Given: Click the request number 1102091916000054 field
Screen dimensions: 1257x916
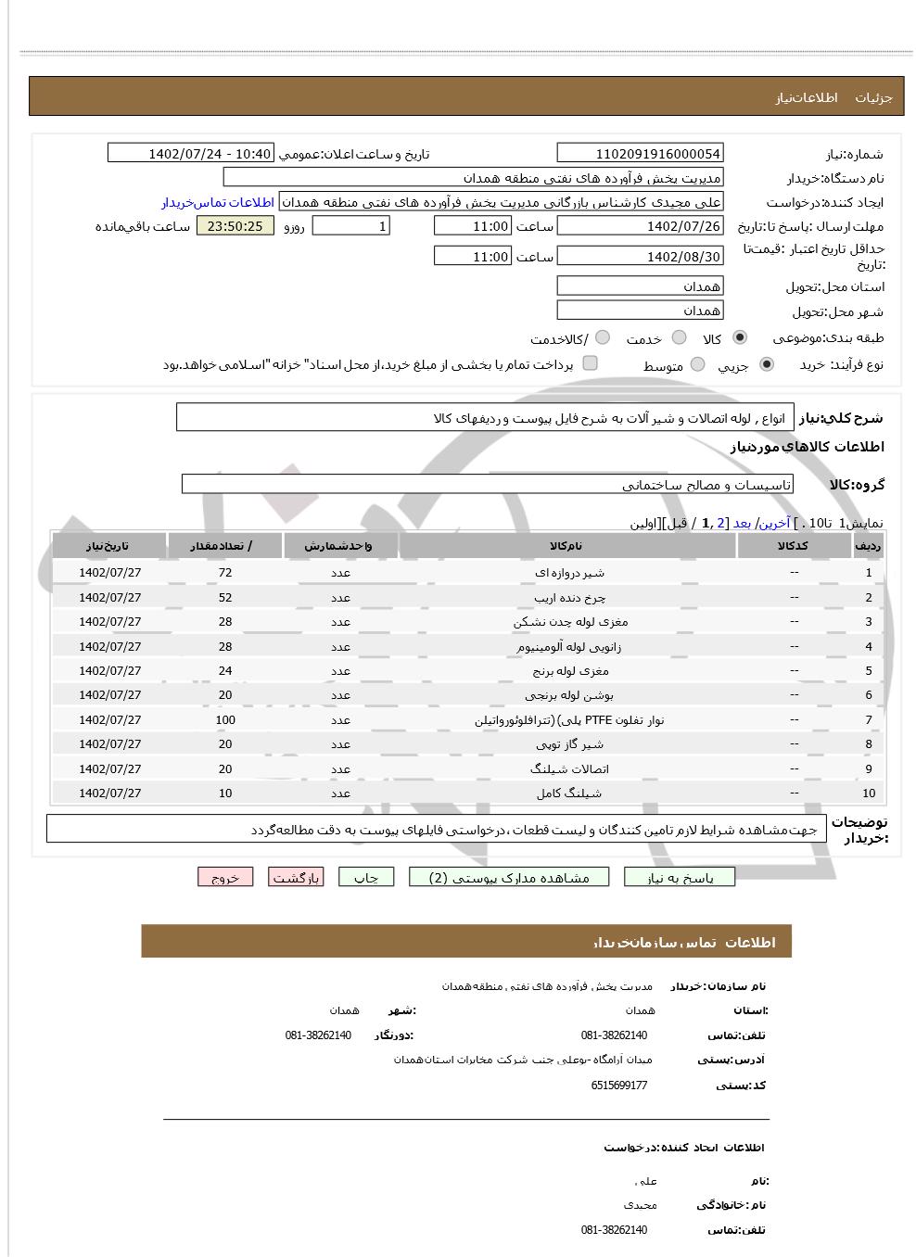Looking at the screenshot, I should [640, 154].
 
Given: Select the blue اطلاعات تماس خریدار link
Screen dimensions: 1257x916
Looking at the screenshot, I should [218, 202].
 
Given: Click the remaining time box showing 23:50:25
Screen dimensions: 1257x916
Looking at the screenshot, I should [235, 226].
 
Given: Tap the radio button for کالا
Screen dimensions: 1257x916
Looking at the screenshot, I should [739, 338].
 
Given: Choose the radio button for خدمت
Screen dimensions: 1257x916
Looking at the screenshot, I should [679, 338].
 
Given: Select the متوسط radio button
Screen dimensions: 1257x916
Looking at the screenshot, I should [697, 365].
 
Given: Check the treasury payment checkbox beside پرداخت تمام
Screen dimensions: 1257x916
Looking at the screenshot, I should [590, 363].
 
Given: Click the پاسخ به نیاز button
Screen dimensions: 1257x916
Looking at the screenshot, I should [680, 877].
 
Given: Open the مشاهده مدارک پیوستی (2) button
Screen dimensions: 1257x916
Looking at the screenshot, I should [509, 877].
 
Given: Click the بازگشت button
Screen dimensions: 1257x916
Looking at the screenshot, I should [296, 877].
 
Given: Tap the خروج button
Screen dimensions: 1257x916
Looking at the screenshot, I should [225, 877].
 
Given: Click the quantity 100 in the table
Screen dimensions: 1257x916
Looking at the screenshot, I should [225, 720].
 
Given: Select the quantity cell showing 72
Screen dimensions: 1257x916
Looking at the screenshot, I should [225, 573].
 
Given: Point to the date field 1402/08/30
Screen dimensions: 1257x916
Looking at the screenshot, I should [640, 257].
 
